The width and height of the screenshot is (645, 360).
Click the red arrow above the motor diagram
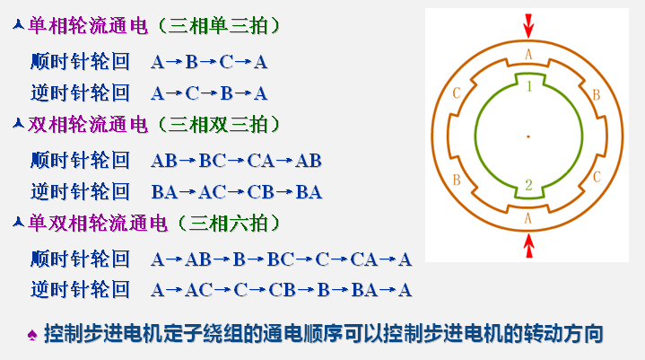point(528,23)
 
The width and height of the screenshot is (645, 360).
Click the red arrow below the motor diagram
point(529,244)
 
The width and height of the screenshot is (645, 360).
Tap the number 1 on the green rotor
point(529,86)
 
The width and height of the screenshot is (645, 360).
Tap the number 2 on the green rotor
point(529,186)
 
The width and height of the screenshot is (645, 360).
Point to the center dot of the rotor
point(528,136)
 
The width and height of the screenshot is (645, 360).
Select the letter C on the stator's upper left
point(458,92)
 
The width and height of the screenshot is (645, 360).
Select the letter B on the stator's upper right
point(596,93)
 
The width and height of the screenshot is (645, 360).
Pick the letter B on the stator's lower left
point(457,180)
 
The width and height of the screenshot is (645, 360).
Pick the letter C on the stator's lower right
point(597,178)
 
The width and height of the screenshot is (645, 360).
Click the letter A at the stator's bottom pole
point(528,216)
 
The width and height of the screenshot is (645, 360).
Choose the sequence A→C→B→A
point(209,92)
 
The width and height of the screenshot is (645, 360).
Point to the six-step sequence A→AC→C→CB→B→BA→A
point(281,289)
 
